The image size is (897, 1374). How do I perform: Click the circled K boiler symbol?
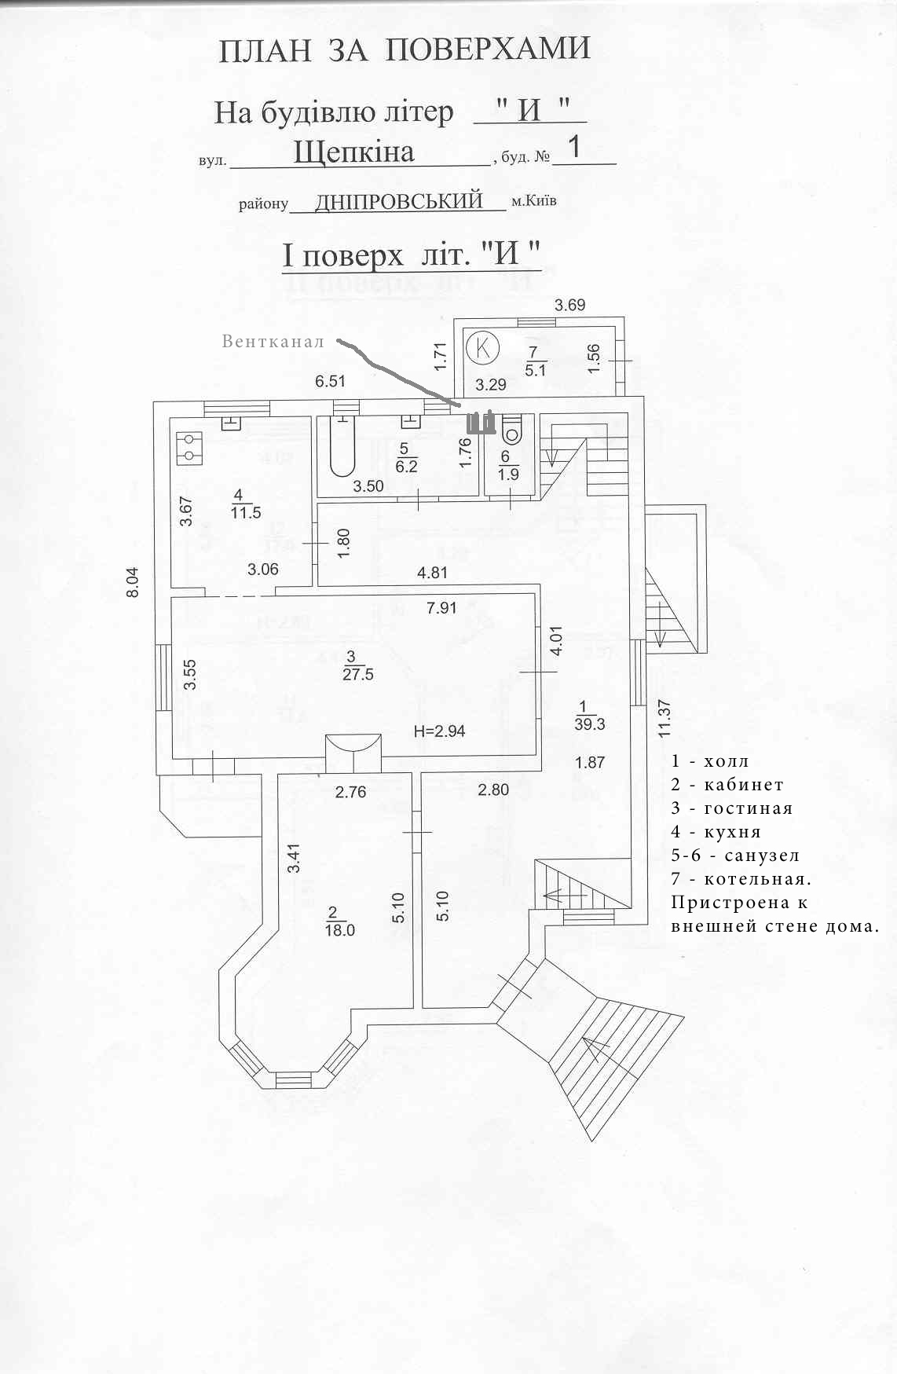tap(483, 346)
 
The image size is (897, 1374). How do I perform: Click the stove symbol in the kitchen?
tap(189, 446)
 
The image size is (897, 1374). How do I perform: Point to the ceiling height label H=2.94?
tap(439, 731)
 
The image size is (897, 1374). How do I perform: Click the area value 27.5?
tap(358, 675)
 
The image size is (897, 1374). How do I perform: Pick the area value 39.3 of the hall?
tap(590, 724)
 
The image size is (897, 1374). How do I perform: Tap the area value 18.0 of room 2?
tap(339, 930)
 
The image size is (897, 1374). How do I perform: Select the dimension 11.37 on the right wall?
tap(665, 719)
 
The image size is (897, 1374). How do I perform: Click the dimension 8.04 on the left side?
tap(133, 583)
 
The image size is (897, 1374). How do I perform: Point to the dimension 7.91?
tap(441, 607)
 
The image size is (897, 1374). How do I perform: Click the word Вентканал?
tap(273, 342)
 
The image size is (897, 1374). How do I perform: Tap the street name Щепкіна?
tap(353, 152)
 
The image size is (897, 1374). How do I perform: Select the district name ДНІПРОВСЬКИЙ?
tap(399, 201)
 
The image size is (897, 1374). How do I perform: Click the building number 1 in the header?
tap(575, 147)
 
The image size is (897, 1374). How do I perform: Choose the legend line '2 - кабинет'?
tap(727, 785)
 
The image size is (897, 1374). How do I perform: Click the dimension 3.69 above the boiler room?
tap(569, 305)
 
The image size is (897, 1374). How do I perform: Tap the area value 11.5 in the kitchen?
tap(246, 513)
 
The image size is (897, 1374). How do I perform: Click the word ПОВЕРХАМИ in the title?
tap(488, 49)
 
